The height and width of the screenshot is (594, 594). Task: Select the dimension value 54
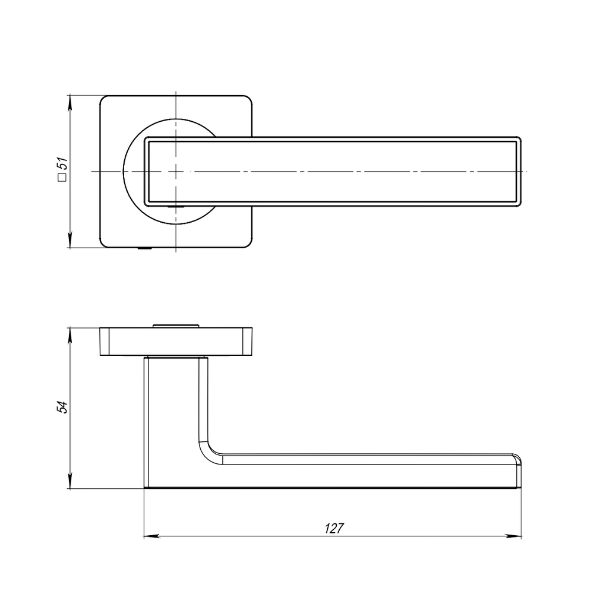point(61,407)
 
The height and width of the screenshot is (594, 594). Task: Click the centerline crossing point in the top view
point(176,171)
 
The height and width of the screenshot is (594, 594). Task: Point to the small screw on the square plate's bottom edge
point(143,248)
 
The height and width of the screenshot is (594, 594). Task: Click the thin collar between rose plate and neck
point(176,357)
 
